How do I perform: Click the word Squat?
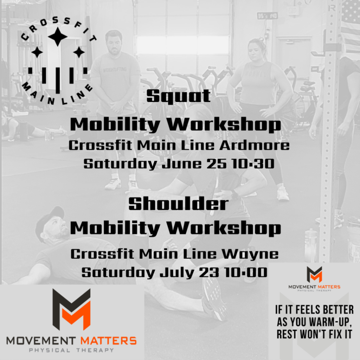(178, 96)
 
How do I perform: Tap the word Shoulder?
(178, 204)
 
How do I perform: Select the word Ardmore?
(255, 145)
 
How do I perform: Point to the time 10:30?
(253, 164)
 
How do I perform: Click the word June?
(182, 164)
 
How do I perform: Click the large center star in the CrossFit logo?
(58, 37)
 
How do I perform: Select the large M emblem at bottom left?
(71, 309)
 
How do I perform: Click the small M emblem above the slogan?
(314, 274)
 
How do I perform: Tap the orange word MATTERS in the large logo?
(109, 341)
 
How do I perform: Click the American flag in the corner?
(351, 25)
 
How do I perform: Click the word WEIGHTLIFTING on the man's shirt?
(115, 70)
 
